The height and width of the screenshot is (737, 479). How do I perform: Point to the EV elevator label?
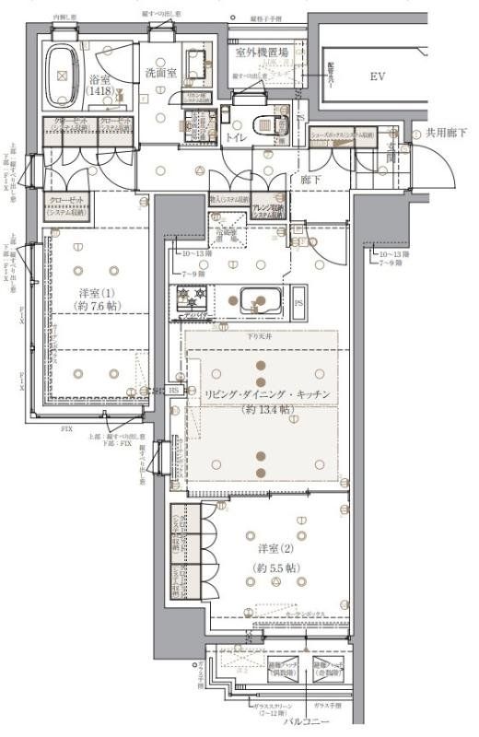coord(378,77)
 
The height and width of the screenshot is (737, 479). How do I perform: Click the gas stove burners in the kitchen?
coord(191,299)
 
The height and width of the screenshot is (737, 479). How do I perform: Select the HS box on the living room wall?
coord(173,390)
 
